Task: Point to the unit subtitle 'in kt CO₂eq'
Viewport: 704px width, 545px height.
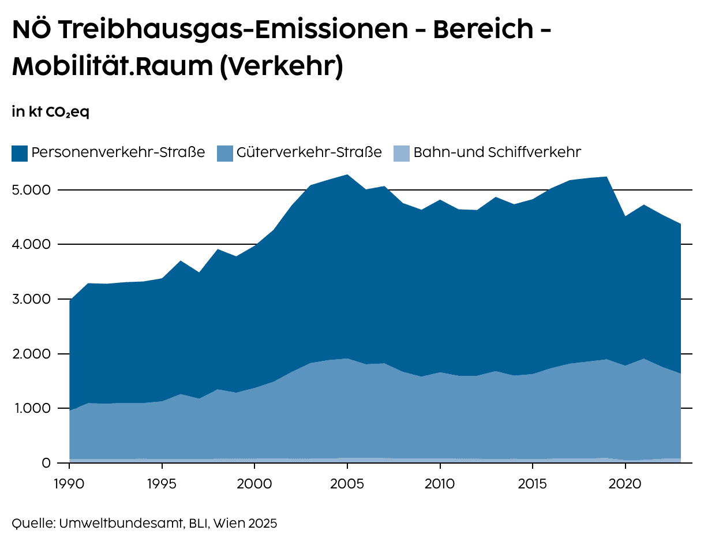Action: (50, 112)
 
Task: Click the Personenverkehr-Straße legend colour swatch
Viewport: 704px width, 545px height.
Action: (19, 154)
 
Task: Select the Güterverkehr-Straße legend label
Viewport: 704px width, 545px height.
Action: (309, 152)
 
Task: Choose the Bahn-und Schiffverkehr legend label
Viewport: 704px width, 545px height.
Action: (497, 152)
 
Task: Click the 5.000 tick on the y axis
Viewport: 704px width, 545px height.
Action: (32, 190)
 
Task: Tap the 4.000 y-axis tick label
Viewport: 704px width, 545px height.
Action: (32, 245)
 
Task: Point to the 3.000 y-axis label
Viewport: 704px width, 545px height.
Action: (32, 299)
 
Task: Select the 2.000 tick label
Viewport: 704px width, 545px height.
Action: (32, 354)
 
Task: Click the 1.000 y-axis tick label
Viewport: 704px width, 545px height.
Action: (32, 408)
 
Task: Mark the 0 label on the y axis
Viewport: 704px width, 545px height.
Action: (47, 463)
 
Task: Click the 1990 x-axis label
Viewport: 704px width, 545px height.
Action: (69, 481)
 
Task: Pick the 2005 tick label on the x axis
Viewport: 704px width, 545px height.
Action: (347, 481)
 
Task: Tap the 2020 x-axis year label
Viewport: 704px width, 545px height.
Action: (625, 481)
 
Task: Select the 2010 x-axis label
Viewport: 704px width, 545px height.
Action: (440, 481)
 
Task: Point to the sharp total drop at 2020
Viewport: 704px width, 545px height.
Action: (625, 216)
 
